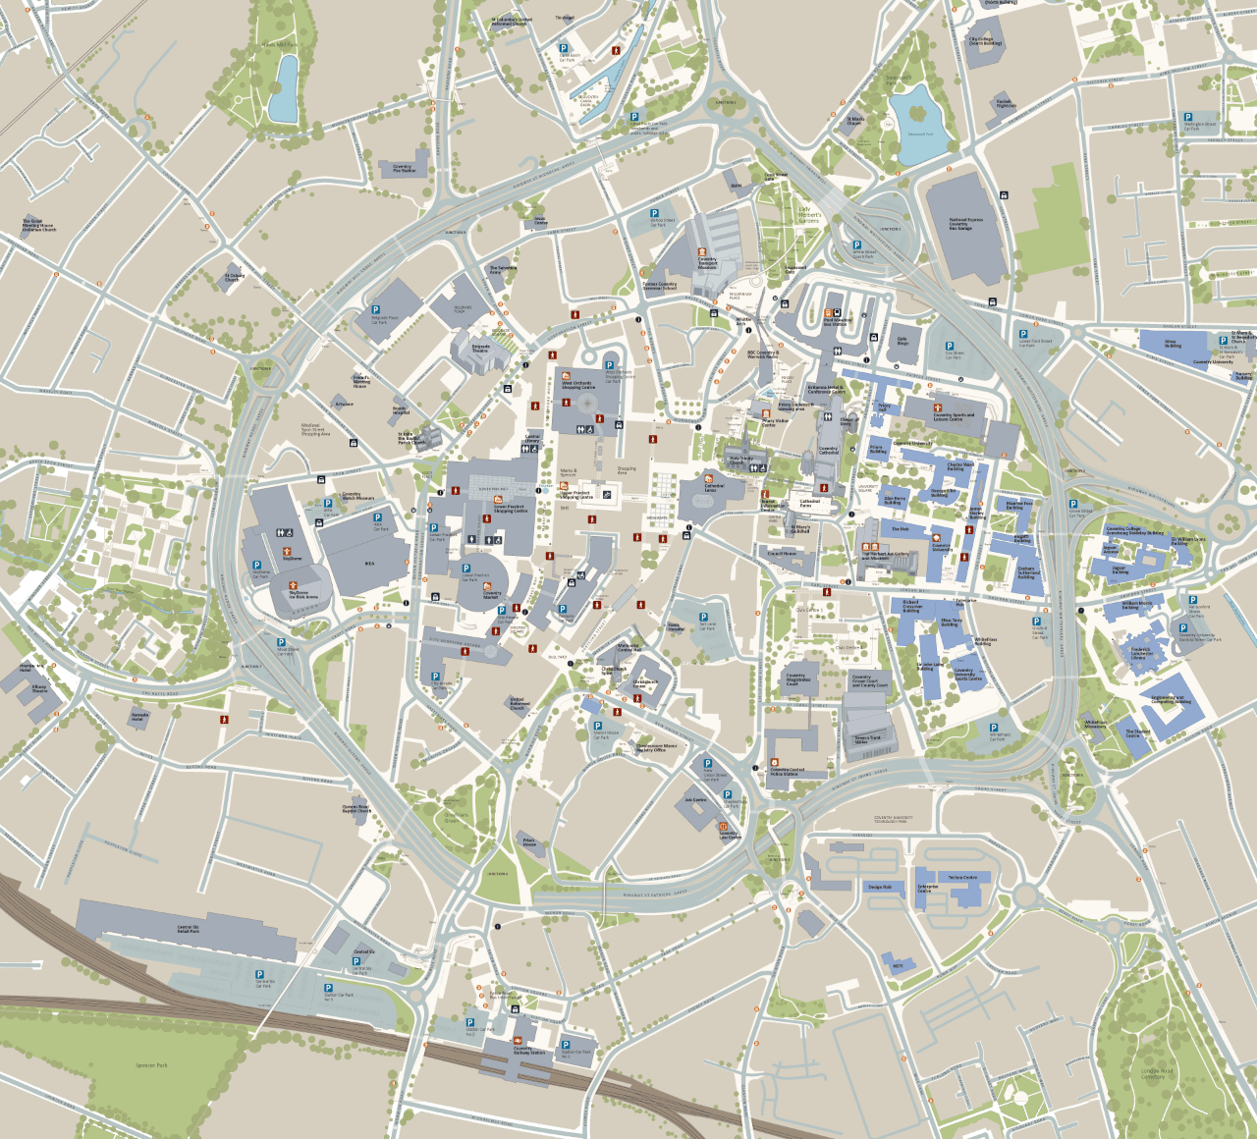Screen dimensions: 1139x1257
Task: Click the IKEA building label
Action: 369,564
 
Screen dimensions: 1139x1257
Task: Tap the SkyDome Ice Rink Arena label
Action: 302,594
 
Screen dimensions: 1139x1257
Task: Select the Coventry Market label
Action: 492,594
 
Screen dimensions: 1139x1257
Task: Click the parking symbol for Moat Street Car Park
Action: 281,642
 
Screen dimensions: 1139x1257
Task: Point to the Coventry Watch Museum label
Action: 357,497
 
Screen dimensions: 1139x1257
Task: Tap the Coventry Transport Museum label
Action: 707,263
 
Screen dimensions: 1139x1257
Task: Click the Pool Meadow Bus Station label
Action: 838,321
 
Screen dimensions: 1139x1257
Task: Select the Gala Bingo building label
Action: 902,342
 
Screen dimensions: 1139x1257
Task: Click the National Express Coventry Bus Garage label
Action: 965,224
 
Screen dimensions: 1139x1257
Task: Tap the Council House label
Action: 782,554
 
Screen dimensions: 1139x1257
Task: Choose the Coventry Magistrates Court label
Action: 795,679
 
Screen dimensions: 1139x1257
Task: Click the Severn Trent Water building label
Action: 867,740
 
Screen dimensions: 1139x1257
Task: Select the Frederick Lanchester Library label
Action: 1140,653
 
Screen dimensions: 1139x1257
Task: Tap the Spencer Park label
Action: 151,1065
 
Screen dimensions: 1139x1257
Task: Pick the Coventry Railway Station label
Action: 522,1050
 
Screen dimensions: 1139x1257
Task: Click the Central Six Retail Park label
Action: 188,929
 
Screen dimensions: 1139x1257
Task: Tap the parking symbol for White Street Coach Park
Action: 856,245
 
